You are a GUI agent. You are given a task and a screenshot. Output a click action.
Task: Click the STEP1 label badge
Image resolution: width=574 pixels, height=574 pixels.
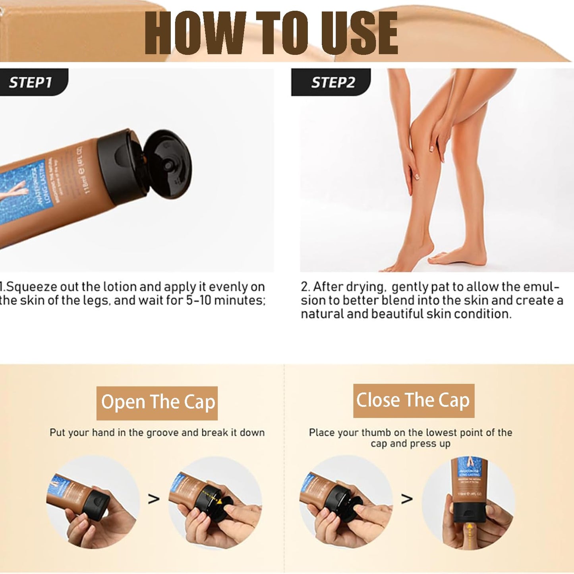point(32,82)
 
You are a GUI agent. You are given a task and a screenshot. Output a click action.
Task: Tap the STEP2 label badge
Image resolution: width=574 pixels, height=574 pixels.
point(332,82)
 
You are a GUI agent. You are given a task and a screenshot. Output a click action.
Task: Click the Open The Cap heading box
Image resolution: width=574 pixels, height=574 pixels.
point(157,403)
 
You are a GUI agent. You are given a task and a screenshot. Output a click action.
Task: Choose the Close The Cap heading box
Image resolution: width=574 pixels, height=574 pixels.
point(414,400)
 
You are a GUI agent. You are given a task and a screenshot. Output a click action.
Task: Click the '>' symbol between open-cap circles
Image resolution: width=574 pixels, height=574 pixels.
point(154,499)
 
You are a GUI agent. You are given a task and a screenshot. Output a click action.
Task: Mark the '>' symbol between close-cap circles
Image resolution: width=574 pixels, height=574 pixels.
point(406,499)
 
